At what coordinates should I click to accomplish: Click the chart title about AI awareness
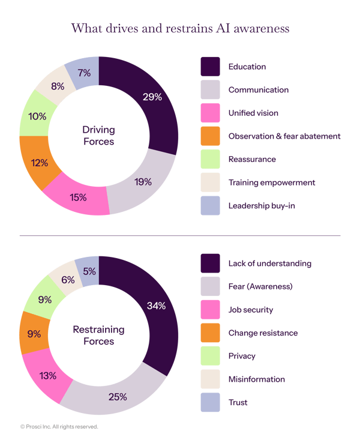pos(180,28)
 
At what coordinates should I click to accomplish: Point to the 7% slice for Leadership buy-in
pos(85,73)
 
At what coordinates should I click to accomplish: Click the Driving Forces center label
pos(98,136)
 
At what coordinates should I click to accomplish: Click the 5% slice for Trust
pos(88,270)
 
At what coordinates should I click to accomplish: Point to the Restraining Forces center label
pos(98,336)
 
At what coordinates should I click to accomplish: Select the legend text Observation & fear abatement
pos(284,136)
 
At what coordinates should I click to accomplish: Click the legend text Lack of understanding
pos(269,264)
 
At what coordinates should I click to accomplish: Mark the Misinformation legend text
pos(256,379)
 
